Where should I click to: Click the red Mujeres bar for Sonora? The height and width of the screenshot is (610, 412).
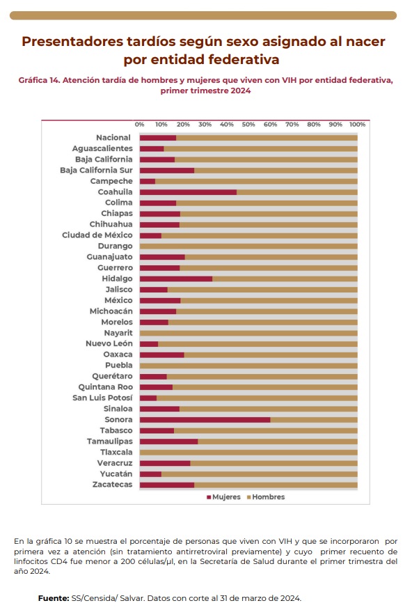tap(205, 420)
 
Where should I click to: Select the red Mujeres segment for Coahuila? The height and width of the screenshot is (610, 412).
tap(188, 192)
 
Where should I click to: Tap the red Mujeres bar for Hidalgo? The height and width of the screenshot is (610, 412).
tap(176, 279)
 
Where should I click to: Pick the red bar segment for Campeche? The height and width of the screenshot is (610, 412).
tap(148, 181)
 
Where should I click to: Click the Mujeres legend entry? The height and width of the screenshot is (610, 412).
tap(223, 497)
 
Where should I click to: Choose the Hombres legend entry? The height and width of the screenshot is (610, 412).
tap(266, 497)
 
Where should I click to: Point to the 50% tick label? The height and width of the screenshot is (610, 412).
tap(248, 125)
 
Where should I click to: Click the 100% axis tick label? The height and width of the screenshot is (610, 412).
tap(357, 125)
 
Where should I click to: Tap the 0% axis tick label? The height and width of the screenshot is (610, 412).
tap(139, 125)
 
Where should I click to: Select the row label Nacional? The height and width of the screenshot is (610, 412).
tap(113, 138)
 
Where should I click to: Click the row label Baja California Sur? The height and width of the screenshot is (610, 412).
tap(96, 171)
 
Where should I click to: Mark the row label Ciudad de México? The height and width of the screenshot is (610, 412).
tap(97, 235)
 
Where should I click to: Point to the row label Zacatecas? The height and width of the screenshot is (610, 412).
tap(112, 485)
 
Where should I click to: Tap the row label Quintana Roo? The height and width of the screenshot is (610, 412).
tap(105, 387)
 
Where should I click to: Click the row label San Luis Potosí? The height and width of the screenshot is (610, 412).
tap(102, 398)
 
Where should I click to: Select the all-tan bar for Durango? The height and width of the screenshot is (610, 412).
tap(248, 247)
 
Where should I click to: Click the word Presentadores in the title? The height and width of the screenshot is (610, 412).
tap(72, 41)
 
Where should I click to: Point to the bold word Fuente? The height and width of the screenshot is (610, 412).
tap(54, 598)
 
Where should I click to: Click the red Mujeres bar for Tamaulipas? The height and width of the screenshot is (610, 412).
tap(168, 441)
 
